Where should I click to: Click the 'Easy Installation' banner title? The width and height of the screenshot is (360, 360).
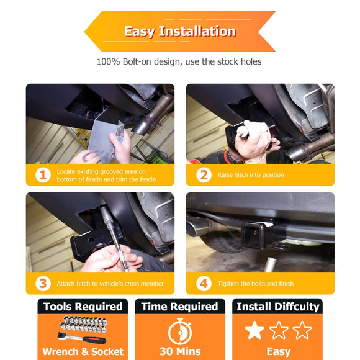(180, 31)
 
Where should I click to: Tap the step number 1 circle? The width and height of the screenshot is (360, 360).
(43, 175)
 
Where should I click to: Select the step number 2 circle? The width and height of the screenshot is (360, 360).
(204, 175)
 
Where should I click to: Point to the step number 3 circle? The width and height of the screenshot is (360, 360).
(43, 284)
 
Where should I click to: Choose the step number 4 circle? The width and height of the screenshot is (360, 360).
(204, 284)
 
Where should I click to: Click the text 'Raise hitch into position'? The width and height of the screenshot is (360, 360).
(251, 175)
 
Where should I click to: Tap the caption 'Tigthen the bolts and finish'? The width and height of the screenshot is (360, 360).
(256, 284)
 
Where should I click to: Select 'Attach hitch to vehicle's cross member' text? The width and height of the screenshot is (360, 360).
(110, 284)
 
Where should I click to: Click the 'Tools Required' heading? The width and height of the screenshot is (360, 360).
(83, 307)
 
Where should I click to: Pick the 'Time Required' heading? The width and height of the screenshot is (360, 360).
(180, 307)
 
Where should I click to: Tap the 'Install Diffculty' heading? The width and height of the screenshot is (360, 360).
(278, 307)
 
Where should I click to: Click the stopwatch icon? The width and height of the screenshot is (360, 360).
(180, 331)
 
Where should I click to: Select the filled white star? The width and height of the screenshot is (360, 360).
(254, 330)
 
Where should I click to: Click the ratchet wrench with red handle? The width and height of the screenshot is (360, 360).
(81, 338)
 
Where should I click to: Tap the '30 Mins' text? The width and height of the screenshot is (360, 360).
(180, 351)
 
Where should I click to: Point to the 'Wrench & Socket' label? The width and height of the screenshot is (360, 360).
(83, 352)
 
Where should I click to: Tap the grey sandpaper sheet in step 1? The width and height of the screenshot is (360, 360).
(103, 140)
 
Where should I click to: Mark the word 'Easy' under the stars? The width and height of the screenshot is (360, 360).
(279, 352)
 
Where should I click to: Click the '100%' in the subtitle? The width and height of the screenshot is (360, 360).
(108, 62)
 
